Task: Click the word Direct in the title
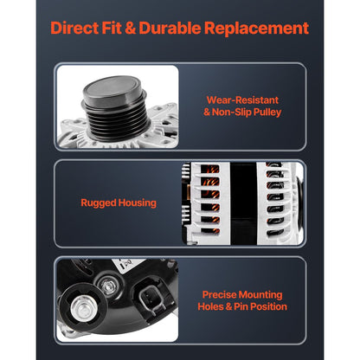click(74, 28)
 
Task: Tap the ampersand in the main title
click(130, 29)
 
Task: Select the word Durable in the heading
click(170, 28)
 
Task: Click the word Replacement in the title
click(256, 29)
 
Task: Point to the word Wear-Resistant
click(242, 100)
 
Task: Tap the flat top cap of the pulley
click(112, 88)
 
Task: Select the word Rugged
click(99, 202)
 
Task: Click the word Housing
click(138, 202)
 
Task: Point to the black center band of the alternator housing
click(243, 203)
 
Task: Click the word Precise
click(219, 294)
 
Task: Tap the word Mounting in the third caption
click(260, 295)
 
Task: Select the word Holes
click(210, 306)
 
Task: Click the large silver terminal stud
click(81, 308)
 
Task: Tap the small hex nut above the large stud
click(108, 285)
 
